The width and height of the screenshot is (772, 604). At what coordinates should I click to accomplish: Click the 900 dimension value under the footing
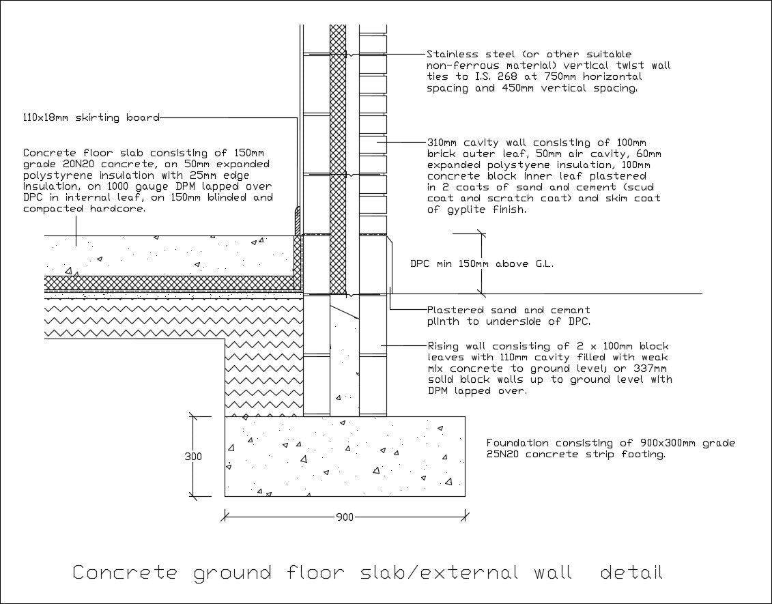pos(345,517)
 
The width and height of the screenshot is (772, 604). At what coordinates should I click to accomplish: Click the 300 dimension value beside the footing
pos(193,457)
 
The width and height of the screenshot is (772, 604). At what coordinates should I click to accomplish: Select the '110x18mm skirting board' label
pos(91,117)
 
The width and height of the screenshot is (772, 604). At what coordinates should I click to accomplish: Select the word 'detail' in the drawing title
pos(631,572)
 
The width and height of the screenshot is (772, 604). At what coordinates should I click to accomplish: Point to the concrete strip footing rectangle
pos(345,456)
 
